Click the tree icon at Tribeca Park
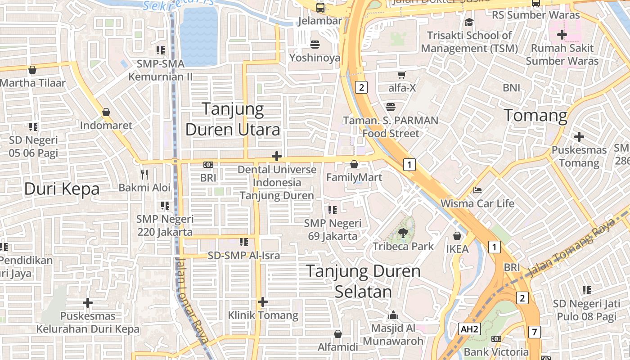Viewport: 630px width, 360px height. (403, 233)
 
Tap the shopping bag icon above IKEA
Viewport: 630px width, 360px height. (457, 236)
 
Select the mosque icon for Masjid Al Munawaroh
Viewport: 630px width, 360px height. (393, 315)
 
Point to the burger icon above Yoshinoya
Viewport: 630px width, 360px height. (315, 44)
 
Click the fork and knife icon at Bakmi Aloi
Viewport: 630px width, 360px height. (144, 174)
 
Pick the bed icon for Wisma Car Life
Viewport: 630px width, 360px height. (477, 190)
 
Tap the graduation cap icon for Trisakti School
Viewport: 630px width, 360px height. (469, 22)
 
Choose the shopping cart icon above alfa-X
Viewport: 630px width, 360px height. (401, 75)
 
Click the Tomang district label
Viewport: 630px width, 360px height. (535, 116)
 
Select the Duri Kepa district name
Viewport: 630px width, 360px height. (62, 189)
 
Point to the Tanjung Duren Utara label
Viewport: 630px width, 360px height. (233, 119)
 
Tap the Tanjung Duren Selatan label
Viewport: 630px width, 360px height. (363, 281)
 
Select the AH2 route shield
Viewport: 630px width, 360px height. (470, 329)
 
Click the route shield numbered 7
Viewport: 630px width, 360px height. (534, 333)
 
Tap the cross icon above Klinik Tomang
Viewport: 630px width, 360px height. (263, 302)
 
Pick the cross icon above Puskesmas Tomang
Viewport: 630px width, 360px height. (579, 136)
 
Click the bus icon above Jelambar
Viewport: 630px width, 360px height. (320, 7)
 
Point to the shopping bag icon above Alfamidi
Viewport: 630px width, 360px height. (338, 334)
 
